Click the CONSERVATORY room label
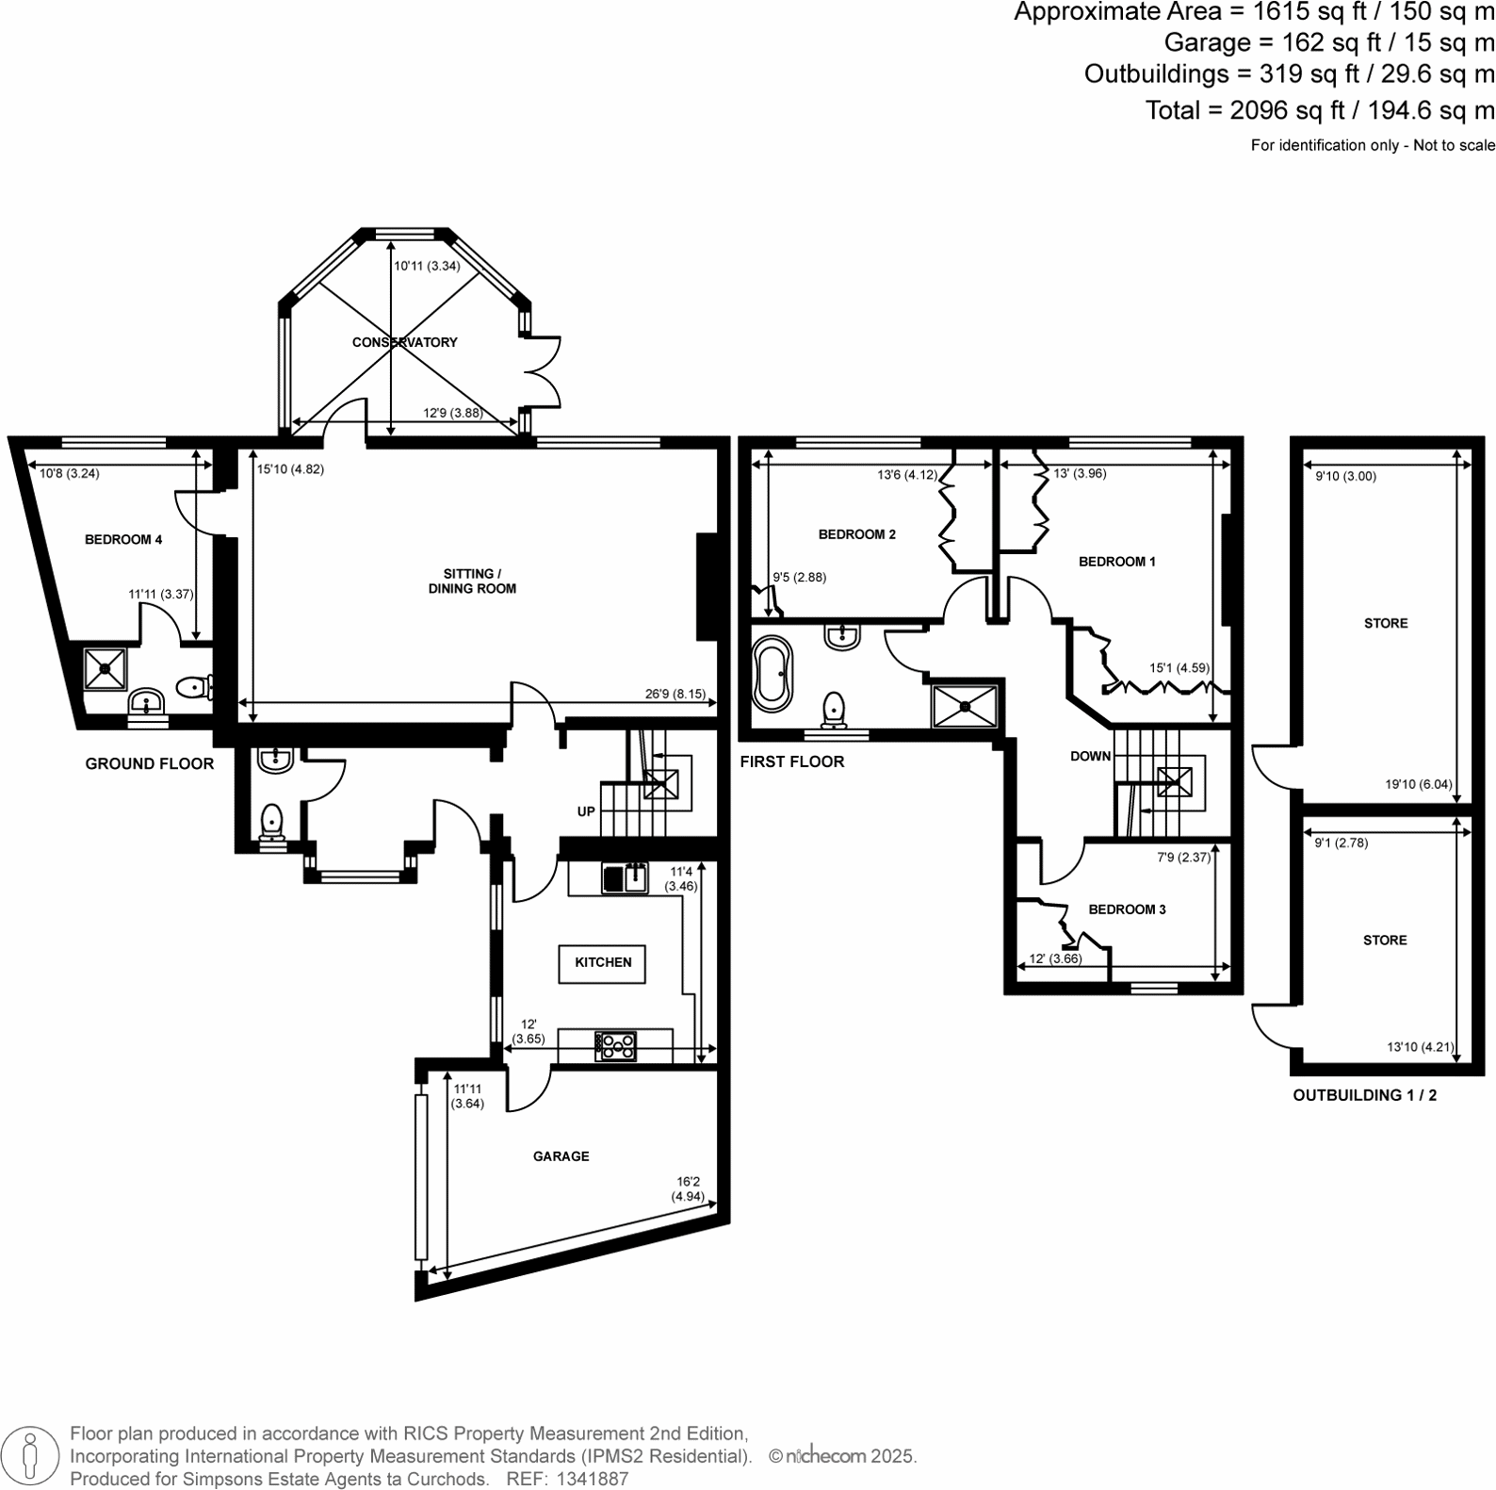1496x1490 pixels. click(404, 342)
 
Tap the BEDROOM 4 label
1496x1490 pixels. click(123, 540)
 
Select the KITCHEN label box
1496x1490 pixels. click(603, 962)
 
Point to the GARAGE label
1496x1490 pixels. click(561, 1156)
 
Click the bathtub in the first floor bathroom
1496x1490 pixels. click(773, 673)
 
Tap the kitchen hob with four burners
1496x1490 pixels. click(616, 1045)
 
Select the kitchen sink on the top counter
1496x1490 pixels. click(625, 878)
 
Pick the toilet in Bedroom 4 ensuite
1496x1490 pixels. click(194, 687)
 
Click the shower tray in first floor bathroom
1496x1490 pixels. click(964, 705)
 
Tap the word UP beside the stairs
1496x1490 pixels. click(586, 811)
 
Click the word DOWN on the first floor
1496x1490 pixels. click(1090, 756)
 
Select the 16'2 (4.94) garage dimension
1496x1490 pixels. click(687, 1188)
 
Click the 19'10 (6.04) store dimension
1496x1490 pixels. click(1419, 784)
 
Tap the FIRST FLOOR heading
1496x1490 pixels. click(791, 761)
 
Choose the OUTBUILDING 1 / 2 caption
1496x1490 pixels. click(1364, 1095)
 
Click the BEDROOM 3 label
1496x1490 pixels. click(1127, 909)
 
